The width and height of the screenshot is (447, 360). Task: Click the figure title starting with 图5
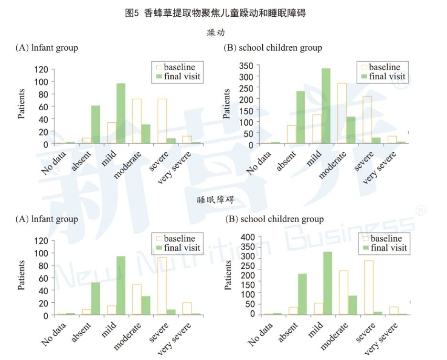pyautogui.click(x=215, y=13)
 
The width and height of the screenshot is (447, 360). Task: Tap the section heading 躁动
pyautogui.click(x=216, y=33)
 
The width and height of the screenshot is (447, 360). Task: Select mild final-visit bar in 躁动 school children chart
pyautogui.click(x=326, y=106)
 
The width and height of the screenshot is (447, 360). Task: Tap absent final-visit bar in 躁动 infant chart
pyautogui.click(x=96, y=125)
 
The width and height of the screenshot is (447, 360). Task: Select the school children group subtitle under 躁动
pyautogui.click(x=273, y=48)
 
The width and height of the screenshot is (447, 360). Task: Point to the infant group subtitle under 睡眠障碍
pyautogui.click(x=47, y=219)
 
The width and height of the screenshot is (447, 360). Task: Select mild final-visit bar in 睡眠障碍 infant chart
pyautogui.click(x=121, y=286)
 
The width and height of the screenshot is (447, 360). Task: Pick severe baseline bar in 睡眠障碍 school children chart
pyautogui.click(x=368, y=287)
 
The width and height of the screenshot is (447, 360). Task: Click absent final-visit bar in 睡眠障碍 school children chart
pyautogui.click(x=302, y=294)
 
